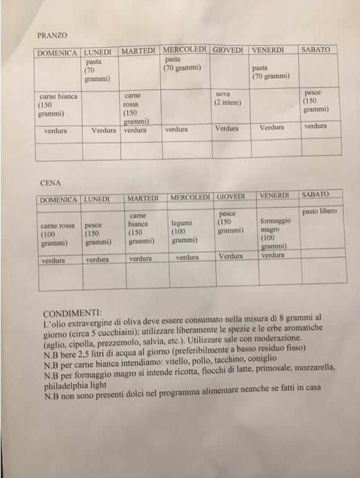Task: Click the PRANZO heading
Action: tap(52, 35)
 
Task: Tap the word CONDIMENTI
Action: tap(72, 313)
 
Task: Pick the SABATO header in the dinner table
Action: tap(315, 195)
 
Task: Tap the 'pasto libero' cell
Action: tap(319, 211)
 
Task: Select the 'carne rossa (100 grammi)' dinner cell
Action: tap(57, 235)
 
